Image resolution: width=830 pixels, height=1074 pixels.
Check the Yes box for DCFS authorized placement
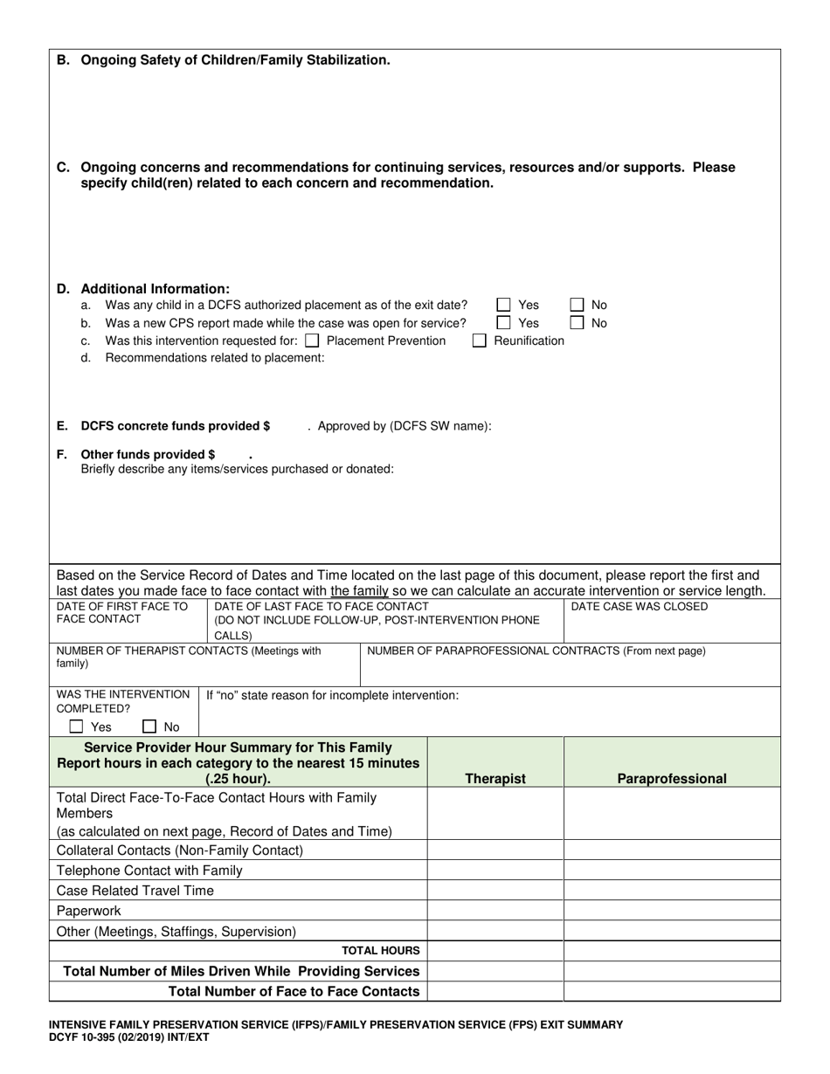(503, 305)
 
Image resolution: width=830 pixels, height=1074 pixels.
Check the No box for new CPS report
(577, 322)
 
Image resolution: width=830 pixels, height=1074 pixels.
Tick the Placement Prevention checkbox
(312, 341)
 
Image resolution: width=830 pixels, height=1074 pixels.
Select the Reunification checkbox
(479, 341)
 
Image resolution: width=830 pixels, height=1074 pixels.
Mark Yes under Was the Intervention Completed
(77, 726)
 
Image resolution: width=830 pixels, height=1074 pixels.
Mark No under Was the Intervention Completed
(149, 726)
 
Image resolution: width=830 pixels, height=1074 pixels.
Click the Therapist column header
(495, 778)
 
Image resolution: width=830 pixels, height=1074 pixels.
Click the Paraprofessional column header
(672, 778)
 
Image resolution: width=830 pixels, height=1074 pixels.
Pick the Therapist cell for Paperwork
(495, 911)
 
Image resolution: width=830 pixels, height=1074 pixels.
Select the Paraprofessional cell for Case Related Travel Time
(672, 891)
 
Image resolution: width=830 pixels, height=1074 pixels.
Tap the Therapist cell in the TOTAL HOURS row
(495, 951)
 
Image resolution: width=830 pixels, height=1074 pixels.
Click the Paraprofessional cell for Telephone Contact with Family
(672, 870)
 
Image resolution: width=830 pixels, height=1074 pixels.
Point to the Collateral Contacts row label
(180, 850)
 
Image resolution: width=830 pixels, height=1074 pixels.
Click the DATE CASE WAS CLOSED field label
(640, 606)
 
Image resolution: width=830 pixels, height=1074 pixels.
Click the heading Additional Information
(156, 288)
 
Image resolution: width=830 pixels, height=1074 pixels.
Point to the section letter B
(63, 60)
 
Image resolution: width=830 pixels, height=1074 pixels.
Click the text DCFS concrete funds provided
(175, 426)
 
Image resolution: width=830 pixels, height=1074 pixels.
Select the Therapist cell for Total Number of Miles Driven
(495, 971)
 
